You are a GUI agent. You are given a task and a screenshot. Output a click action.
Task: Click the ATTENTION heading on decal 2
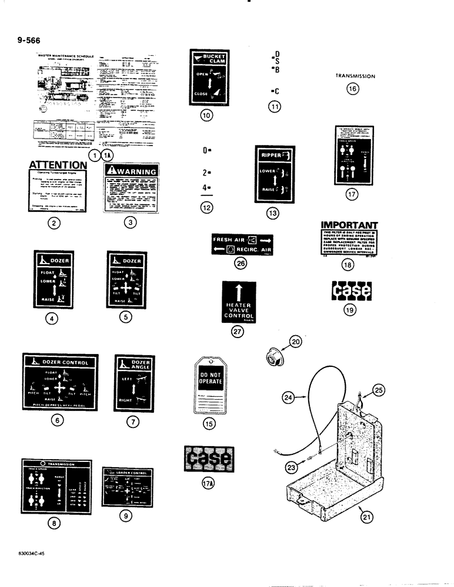point(58,166)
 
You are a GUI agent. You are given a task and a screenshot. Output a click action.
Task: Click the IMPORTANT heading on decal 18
point(349,225)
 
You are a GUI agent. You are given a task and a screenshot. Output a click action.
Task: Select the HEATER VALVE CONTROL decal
point(239,302)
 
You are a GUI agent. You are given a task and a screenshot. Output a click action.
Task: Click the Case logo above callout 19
point(352,290)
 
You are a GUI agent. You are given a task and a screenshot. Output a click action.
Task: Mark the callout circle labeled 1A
point(106,155)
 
